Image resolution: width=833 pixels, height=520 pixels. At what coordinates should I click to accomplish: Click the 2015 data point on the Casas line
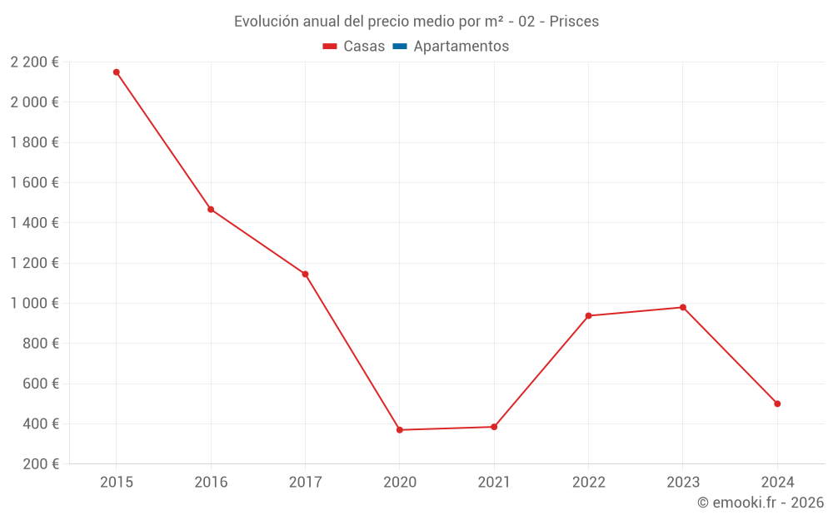click(x=117, y=72)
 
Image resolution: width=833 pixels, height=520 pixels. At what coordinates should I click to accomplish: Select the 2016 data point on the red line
click(x=211, y=210)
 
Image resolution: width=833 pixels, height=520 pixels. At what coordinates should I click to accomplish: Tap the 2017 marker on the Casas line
click(x=305, y=274)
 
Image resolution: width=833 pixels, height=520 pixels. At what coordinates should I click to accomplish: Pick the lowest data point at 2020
click(x=400, y=430)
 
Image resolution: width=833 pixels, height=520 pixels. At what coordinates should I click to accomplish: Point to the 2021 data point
click(x=494, y=427)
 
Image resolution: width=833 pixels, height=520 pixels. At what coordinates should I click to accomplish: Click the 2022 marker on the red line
click(x=588, y=315)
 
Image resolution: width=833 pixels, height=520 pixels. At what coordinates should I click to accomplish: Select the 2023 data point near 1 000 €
click(x=683, y=307)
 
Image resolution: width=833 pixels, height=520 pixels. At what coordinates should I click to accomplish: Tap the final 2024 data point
click(x=777, y=404)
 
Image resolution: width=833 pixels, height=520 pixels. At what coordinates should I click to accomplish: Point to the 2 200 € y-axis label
click(x=34, y=62)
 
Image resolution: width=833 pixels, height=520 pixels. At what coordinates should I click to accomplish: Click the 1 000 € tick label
click(x=34, y=304)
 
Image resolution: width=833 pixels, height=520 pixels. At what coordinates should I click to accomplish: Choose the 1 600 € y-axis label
click(x=34, y=183)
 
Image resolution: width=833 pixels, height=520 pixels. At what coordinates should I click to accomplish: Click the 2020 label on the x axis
click(x=400, y=482)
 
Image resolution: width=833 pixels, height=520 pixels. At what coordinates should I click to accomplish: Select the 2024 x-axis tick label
click(x=777, y=482)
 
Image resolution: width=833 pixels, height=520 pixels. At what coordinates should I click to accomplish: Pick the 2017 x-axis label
click(x=305, y=482)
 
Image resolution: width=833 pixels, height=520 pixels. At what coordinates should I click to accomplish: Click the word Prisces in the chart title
click(x=574, y=22)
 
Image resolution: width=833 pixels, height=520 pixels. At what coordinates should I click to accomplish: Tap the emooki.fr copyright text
click(x=761, y=503)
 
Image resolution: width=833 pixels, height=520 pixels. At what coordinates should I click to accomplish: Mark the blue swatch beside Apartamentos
click(x=399, y=47)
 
